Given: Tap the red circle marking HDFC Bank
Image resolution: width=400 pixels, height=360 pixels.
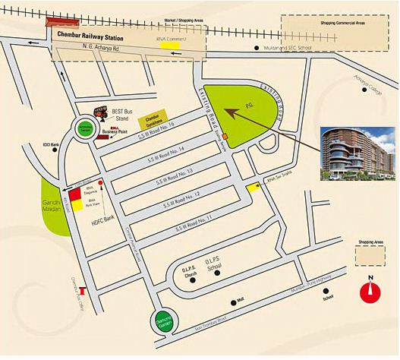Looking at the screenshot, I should pyautogui.click(x=99, y=185).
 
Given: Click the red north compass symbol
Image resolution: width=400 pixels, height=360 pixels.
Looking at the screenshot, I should pyautogui.click(x=370, y=292).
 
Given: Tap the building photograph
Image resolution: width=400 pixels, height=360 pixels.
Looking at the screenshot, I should pyautogui.click(x=353, y=153).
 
